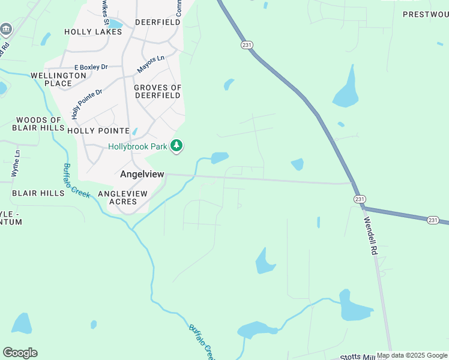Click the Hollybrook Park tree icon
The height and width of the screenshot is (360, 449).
(176, 146)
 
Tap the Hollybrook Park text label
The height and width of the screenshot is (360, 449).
(137, 146)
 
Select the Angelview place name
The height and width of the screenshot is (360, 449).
(142, 174)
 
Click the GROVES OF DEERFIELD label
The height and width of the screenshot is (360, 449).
(157, 92)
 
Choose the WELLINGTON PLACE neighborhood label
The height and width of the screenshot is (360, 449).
(59, 79)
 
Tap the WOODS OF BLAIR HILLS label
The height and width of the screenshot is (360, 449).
(39, 124)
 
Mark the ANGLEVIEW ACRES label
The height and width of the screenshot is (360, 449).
(122, 197)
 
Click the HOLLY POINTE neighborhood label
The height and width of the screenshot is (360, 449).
(98, 130)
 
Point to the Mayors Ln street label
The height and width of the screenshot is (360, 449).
(151, 64)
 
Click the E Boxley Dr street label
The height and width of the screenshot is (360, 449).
(91, 68)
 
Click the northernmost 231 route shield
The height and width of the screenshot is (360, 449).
(246, 45)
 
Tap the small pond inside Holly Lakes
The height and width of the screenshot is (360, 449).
(114, 24)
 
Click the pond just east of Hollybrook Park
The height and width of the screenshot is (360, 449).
(219, 158)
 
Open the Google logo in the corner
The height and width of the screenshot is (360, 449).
(20, 353)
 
